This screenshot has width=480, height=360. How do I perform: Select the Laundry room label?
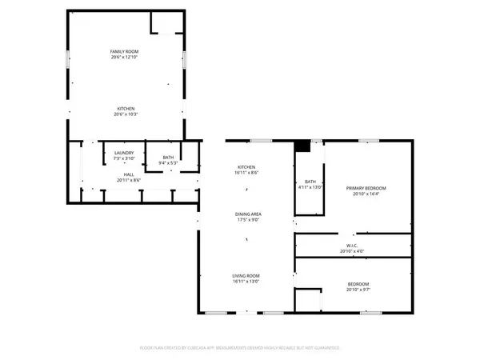point(123,153)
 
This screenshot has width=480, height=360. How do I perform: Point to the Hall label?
point(128,174)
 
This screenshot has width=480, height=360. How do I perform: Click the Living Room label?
point(246,275)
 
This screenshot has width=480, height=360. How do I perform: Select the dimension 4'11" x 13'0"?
point(310,187)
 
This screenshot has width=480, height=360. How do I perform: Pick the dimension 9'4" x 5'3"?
point(168,162)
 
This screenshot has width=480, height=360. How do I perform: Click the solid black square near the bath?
point(302,146)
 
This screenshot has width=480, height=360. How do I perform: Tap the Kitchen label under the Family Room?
point(126,109)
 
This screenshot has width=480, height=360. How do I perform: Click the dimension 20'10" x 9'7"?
point(358,290)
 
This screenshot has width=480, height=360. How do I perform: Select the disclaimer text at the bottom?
point(240,348)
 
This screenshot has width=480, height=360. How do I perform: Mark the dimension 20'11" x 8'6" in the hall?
point(128,179)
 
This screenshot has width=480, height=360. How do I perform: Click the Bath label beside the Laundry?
point(168,157)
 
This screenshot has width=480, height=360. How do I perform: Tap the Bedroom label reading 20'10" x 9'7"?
point(358,284)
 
